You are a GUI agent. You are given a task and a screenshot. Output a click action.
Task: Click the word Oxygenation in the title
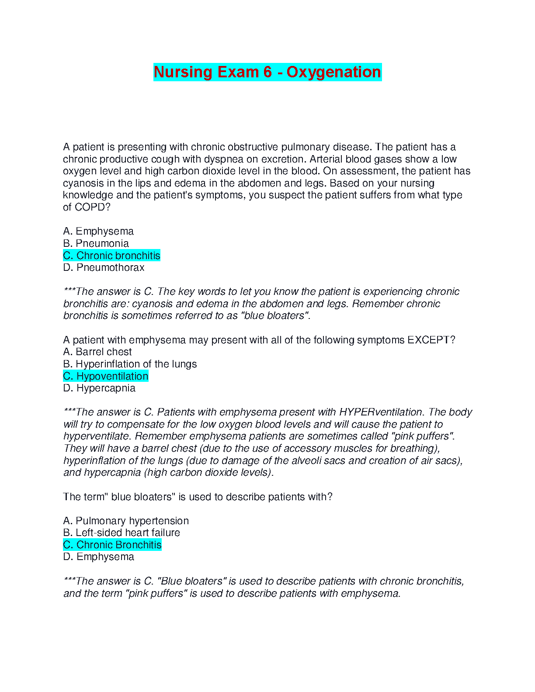click(x=334, y=72)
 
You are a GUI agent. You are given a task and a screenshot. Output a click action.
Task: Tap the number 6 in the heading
click(x=267, y=72)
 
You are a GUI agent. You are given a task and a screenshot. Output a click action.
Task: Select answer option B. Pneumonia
click(x=96, y=243)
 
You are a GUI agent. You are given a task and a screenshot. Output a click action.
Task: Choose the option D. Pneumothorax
click(x=104, y=267)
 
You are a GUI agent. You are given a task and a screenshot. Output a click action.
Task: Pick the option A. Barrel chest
click(x=97, y=352)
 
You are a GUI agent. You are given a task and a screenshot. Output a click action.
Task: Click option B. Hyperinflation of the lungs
click(x=130, y=364)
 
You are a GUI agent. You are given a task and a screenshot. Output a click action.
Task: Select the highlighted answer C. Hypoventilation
click(x=106, y=376)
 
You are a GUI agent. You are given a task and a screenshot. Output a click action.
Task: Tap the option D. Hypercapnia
click(x=99, y=388)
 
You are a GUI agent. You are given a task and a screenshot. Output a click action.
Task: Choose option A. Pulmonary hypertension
click(x=126, y=521)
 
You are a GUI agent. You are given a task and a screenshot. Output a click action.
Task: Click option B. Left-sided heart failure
click(x=122, y=533)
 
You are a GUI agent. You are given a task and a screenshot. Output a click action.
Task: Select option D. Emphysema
click(x=98, y=557)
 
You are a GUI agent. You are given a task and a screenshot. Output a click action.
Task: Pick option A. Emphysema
click(x=98, y=231)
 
